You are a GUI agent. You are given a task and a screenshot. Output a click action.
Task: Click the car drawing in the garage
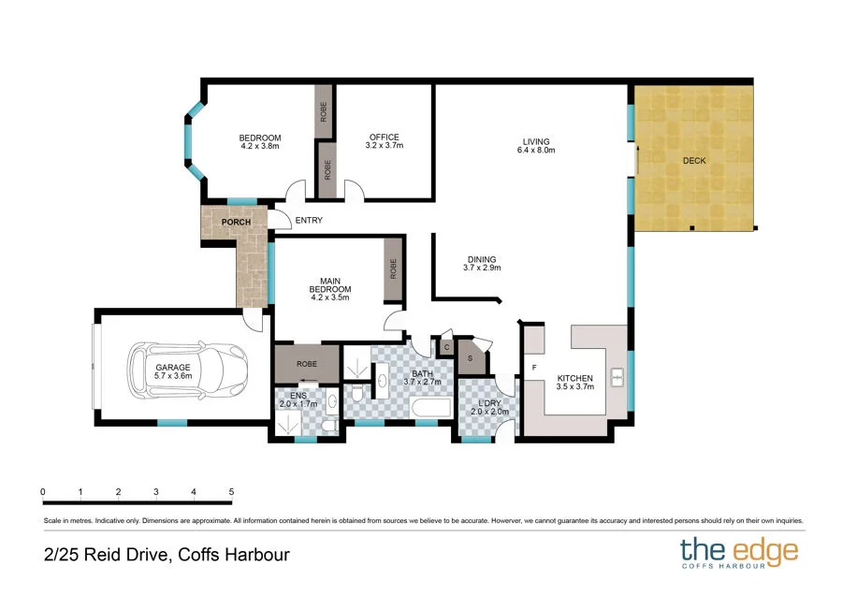187,369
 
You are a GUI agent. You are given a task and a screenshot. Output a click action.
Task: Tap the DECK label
694,161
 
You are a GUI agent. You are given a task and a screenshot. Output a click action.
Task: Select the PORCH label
237,222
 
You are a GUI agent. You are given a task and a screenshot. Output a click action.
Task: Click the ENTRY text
309,220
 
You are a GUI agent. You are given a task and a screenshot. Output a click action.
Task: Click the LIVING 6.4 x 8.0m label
536,146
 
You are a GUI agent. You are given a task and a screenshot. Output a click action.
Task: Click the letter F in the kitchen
534,368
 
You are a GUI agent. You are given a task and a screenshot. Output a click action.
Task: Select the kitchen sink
617,378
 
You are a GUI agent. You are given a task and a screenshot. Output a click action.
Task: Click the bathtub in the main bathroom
430,408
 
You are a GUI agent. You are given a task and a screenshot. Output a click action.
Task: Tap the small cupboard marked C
447,347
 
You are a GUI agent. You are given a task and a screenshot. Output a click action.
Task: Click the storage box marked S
471,357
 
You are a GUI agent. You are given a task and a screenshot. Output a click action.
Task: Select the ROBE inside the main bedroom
394,268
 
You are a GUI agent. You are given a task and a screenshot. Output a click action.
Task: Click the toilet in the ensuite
328,426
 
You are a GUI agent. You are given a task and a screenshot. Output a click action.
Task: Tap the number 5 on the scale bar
231,491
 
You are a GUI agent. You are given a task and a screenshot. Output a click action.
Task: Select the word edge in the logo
765,552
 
